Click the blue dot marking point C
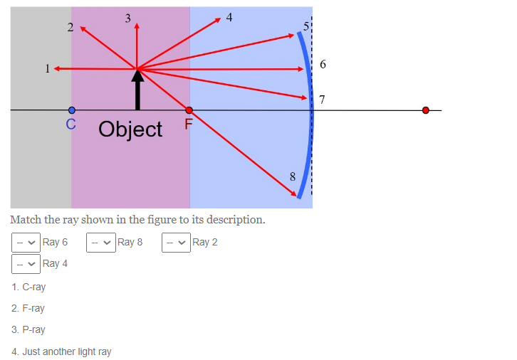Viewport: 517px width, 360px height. pos(71,110)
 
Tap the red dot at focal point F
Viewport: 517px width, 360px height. pos(189,110)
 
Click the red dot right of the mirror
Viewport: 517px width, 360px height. pos(426,110)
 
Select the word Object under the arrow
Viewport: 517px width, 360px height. pos(130,129)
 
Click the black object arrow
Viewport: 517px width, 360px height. pos(137,91)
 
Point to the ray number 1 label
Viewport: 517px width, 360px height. pos(47,69)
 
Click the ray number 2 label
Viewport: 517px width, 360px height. pos(70,28)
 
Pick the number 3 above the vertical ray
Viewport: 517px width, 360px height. pos(127,18)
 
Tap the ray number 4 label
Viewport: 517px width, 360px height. pos(229,16)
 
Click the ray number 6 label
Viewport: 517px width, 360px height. pos(323,65)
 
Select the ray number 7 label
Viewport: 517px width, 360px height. pos(322,99)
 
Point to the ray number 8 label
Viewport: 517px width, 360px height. pos(292,176)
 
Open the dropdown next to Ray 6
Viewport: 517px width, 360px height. pos(26,242)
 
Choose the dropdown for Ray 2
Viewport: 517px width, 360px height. pos(176,242)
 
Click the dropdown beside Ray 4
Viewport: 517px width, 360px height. pos(26,263)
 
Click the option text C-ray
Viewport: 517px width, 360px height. pos(33,287)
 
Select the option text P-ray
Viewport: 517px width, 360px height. pos(33,329)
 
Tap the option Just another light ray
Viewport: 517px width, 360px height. pos(66,351)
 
